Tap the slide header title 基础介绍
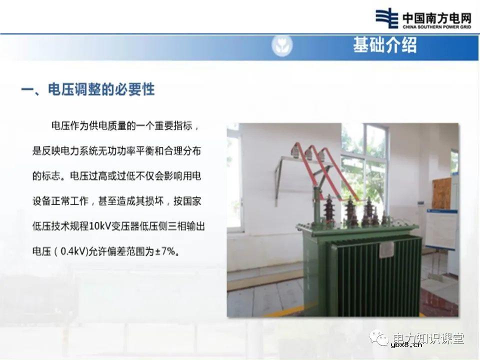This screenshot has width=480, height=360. [384, 45]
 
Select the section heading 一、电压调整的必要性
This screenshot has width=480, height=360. [88, 89]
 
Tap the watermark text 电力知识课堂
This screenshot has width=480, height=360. [429, 338]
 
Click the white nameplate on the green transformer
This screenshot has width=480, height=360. [386, 249]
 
